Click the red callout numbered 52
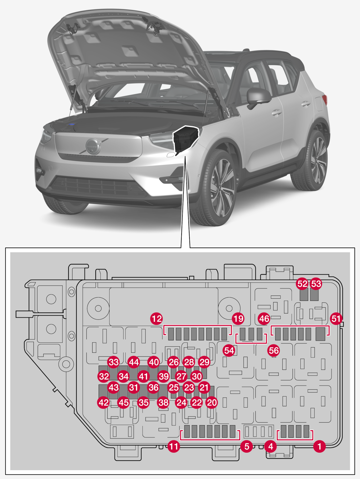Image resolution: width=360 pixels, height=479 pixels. [x=302, y=284]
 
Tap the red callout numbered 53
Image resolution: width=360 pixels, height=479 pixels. [x=316, y=284]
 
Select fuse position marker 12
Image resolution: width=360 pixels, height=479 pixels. [x=157, y=319]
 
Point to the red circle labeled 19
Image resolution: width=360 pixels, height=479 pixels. [x=238, y=319]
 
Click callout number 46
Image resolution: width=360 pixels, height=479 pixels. [x=264, y=319]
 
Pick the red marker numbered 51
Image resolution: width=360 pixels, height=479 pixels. [x=336, y=319]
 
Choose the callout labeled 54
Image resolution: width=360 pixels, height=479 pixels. [x=229, y=351]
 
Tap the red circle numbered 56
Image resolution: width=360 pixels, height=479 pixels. [x=274, y=351]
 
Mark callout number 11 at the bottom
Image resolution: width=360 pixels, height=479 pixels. [x=174, y=447]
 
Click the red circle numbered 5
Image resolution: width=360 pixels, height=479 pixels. [x=247, y=447]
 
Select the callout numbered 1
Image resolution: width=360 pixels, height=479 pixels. [x=319, y=447]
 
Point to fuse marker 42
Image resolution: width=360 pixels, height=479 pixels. [x=104, y=403]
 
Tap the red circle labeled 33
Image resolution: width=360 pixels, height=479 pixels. [x=114, y=362]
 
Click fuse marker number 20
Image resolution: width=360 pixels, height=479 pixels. [x=212, y=403]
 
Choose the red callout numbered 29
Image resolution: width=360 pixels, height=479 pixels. [x=204, y=362]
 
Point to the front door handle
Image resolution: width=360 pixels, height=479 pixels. [x=277, y=113]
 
